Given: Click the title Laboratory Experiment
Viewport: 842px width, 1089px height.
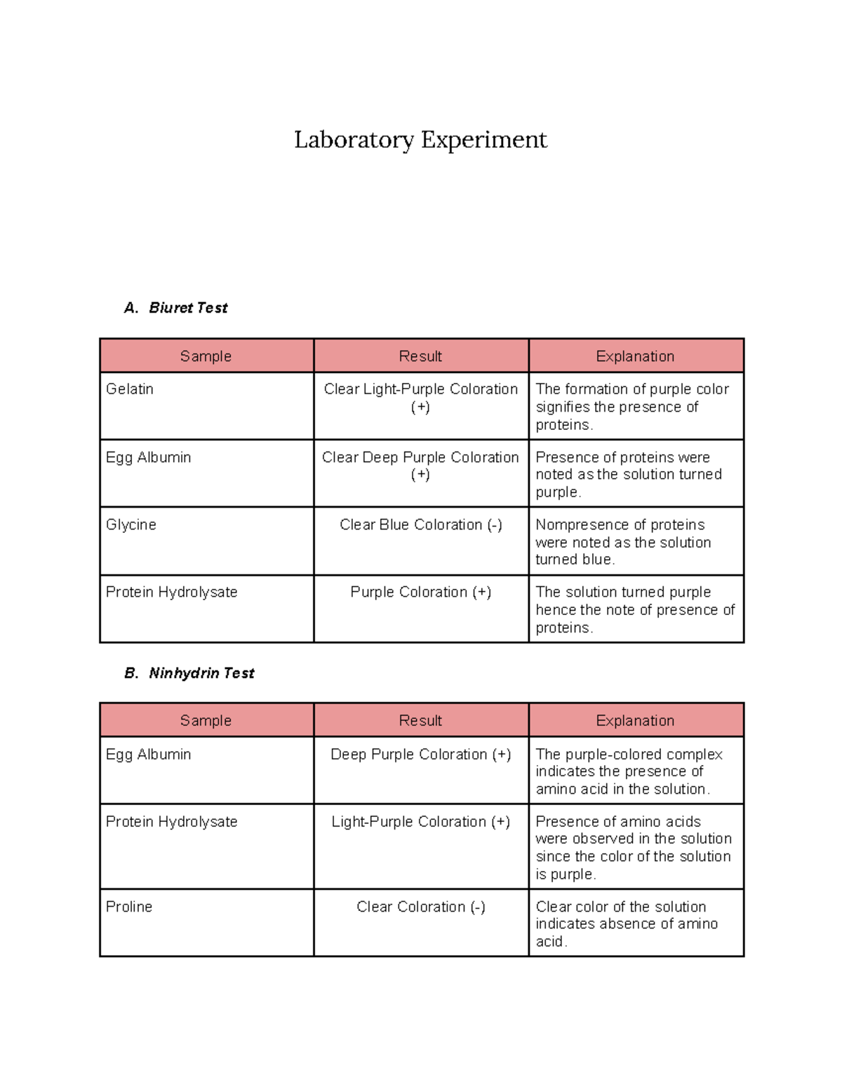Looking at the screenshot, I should coord(420,140).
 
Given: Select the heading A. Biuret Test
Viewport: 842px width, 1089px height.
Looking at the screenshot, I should coord(176,308).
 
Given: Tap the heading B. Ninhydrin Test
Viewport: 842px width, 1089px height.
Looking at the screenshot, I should coord(189,673).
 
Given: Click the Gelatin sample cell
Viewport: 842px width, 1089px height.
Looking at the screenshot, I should coord(130,389).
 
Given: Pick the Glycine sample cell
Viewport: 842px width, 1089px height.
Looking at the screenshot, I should coord(131,525).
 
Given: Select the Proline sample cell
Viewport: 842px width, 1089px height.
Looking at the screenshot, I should coord(129,907).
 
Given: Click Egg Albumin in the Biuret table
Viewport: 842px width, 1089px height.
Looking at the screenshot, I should coord(149,457).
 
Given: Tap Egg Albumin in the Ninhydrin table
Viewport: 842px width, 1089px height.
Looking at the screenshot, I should coord(149,755).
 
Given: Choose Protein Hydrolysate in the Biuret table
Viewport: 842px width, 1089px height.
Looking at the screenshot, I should coord(172,592).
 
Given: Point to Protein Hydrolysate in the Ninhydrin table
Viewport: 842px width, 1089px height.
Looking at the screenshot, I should coord(172,822).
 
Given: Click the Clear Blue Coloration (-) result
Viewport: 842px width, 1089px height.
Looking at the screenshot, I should coord(421,525).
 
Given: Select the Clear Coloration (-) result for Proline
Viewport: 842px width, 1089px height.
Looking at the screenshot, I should coord(421,907).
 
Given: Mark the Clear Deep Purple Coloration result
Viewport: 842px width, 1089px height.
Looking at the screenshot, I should coord(420,465).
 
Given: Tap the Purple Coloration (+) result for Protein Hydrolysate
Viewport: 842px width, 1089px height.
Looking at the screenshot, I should coord(421,592).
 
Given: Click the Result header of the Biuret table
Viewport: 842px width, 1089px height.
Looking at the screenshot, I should coord(420,356).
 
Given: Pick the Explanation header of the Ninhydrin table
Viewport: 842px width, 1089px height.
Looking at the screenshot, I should coord(635,721).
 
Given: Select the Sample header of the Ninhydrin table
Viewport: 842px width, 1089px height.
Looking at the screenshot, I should coord(206,721).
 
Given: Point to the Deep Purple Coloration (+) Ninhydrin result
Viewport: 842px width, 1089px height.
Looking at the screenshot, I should coord(421,755).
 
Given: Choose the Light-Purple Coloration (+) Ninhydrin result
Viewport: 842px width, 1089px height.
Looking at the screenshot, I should coord(421,822).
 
